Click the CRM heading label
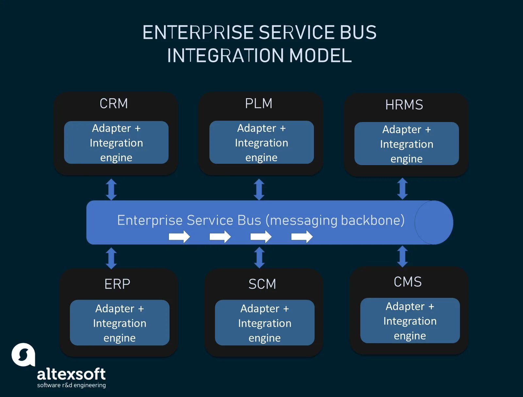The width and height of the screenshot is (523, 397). point(114,103)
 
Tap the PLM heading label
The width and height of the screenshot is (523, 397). point(258,103)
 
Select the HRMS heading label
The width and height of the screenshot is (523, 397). point(404,105)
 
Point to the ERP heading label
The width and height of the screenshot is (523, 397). point(117,284)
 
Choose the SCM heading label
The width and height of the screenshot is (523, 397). point(262,284)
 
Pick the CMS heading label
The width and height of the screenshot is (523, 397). point(407,282)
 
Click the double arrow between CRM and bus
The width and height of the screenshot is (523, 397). point(111,189)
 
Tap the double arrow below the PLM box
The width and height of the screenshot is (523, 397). point(259,189)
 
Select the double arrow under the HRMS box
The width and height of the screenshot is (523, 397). point(402,189)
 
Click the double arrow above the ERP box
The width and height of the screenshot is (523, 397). point(111,258)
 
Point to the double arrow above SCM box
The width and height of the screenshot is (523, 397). point(259,257)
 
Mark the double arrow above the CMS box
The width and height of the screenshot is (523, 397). point(402,256)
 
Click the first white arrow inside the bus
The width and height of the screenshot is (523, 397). point(179,237)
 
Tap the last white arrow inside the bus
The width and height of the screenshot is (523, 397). point(302,237)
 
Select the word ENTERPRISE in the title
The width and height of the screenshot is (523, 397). point(198,33)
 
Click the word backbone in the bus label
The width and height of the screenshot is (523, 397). point(372,220)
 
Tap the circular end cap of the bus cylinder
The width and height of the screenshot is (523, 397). point(434,222)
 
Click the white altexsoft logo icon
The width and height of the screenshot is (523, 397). point(23,355)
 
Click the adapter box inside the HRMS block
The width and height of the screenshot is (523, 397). point(406,144)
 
